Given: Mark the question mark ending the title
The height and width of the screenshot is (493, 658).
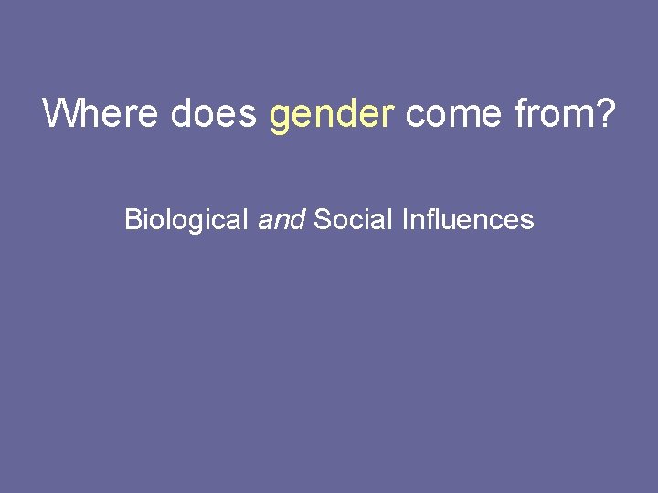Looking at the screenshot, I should click(606, 113).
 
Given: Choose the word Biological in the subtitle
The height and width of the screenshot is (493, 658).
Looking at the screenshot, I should click(187, 220).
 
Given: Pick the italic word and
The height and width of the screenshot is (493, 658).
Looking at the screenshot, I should click(281, 220).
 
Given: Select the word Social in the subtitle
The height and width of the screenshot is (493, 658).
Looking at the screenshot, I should click(350, 220).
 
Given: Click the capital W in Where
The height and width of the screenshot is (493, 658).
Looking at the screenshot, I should click(60, 113).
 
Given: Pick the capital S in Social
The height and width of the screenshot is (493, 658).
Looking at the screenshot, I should click(321, 220).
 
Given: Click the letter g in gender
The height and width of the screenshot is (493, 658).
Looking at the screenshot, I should click(280, 118).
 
